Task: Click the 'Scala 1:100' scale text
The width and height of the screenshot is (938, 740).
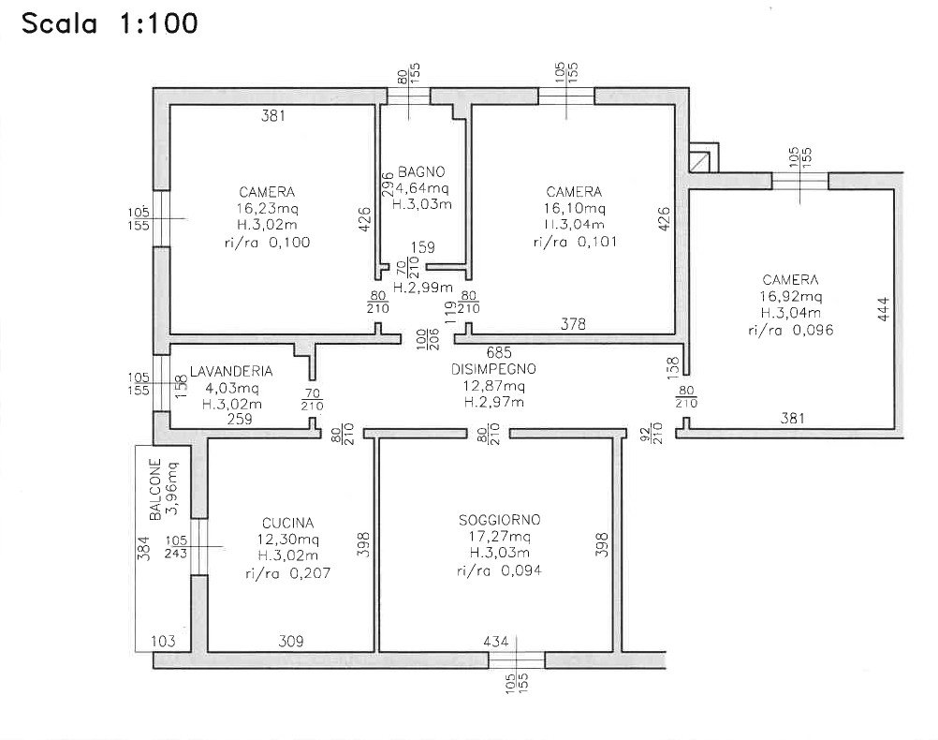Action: click(x=110, y=24)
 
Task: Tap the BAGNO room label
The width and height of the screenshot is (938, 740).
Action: click(x=421, y=171)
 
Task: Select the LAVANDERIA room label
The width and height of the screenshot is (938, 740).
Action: click(x=231, y=371)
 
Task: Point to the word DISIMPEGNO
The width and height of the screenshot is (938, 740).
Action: click(x=493, y=369)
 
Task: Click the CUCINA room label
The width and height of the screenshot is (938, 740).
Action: click(x=287, y=524)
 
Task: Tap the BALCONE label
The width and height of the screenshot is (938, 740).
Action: click(x=155, y=489)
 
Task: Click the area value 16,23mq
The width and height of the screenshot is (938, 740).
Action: click(x=267, y=208)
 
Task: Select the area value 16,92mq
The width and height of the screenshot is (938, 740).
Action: click(x=790, y=296)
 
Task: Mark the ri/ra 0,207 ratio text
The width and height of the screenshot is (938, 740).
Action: click(x=287, y=573)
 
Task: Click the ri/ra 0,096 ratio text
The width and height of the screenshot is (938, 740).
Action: click(x=790, y=330)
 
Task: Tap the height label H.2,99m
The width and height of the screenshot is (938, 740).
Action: click(x=422, y=288)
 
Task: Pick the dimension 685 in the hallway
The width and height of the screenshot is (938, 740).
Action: click(x=499, y=352)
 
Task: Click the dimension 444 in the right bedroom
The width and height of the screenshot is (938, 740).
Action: click(x=884, y=309)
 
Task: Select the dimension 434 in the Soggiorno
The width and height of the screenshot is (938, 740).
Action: click(x=496, y=642)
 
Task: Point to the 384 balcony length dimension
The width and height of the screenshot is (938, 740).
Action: click(x=143, y=548)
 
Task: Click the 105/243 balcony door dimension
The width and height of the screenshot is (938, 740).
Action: click(x=176, y=547)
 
